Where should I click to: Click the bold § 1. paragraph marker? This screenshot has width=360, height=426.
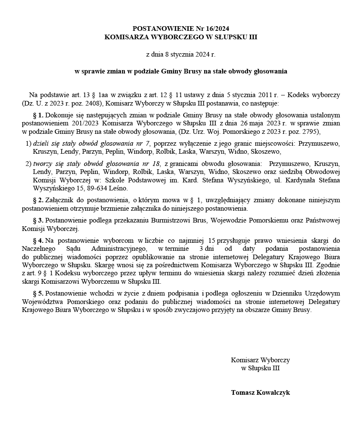(x=38, y=115)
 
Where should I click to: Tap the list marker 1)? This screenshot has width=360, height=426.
(x=28, y=143)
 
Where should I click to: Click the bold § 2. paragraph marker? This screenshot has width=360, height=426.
(x=38, y=200)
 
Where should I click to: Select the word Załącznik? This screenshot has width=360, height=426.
(x=59, y=200)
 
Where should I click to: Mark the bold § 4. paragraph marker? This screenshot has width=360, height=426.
(x=38, y=240)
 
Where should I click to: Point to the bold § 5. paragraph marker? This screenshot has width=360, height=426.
(x=38, y=293)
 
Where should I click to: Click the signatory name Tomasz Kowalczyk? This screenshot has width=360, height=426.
(x=260, y=393)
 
